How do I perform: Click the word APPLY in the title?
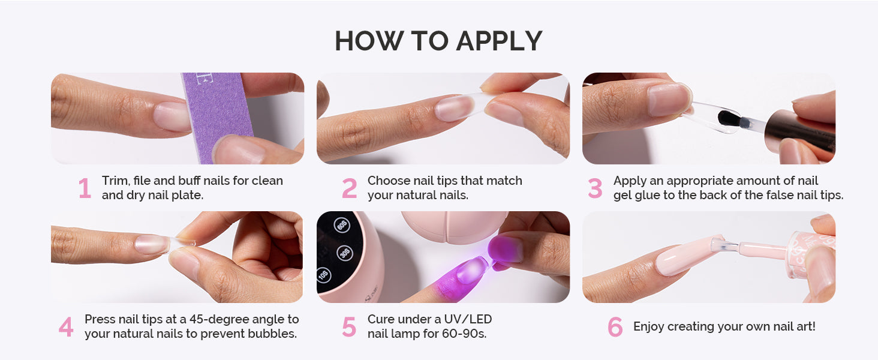[499, 41]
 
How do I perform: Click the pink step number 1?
[85, 188]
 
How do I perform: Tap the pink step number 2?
[349, 188]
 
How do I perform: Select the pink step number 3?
[595, 188]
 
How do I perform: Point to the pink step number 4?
[66, 326]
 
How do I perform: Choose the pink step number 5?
[349, 326]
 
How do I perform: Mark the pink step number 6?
[615, 326]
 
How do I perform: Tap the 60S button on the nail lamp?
[341, 225]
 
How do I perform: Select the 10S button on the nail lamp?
[323, 275]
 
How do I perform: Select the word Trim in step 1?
[115, 181]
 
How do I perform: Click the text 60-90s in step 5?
[464, 334]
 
